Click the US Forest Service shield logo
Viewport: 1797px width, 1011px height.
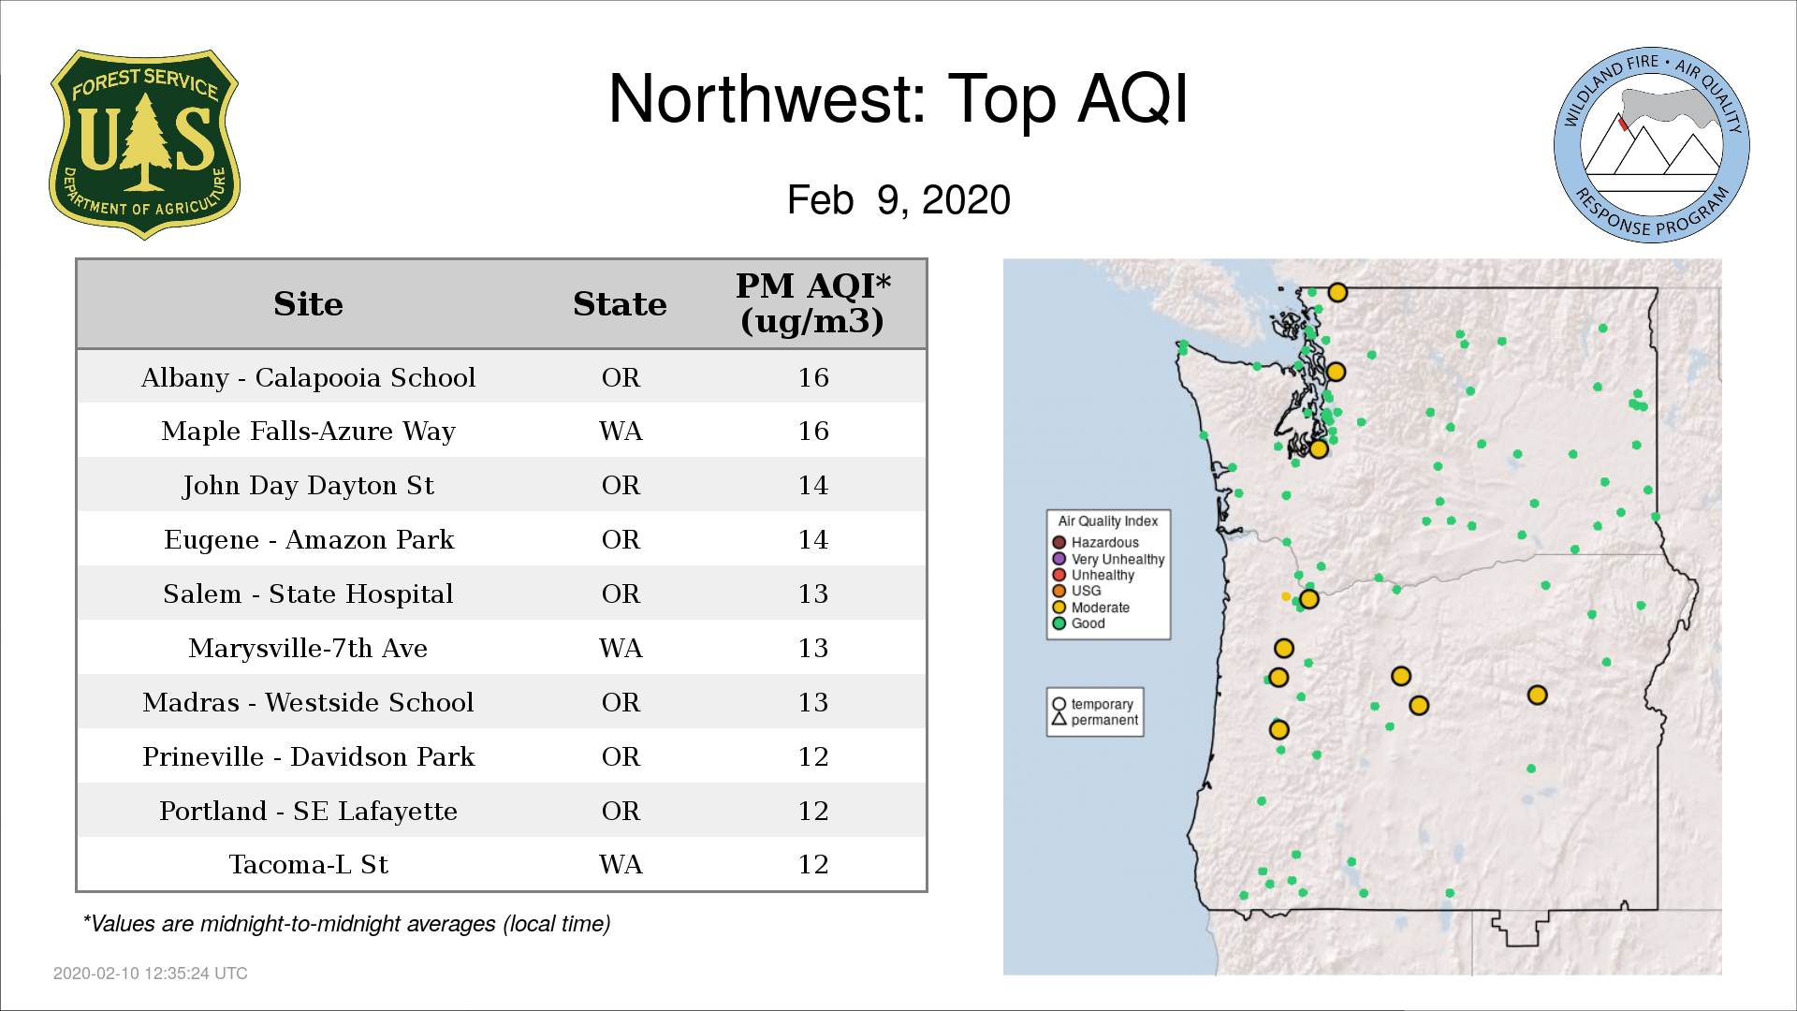[x=144, y=145]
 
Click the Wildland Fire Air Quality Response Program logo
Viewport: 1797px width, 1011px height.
[x=1651, y=145]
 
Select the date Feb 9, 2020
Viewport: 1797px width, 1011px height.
[x=898, y=199]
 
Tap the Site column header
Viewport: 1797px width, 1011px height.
[x=308, y=304]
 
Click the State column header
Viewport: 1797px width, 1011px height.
[x=620, y=304]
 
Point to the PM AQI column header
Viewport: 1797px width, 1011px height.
[x=812, y=303]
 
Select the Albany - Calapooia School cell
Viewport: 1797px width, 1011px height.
[x=308, y=377]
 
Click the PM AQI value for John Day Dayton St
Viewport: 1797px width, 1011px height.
[x=812, y=485]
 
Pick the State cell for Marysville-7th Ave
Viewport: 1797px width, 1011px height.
[x=621, y=648]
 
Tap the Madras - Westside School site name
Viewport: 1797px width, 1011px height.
[x=308, y=702]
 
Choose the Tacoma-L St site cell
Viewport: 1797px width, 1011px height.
[x=308, y=864]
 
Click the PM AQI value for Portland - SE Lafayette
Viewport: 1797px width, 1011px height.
[x=812, y=811]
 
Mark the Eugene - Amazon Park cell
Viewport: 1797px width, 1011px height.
[x=309, y=540]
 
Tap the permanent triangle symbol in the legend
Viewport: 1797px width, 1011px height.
[x=1059, y=719]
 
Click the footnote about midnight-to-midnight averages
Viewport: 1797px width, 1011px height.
[x=346, y=924]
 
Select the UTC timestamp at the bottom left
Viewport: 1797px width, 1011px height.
[x=151, y=974]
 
